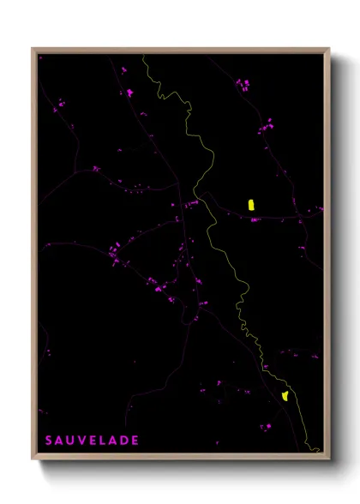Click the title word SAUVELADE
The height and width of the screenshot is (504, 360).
tap(92, 441)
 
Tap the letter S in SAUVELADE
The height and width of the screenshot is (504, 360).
tap(49, 441)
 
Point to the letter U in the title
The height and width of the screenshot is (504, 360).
tap(70, 441)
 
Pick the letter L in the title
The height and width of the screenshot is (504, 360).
tap(103, 441)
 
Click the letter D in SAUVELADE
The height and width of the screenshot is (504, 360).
tap(124, 441)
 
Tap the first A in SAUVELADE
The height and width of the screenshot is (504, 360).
tap(59, 441)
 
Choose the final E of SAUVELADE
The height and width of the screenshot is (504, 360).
tap(135, 441)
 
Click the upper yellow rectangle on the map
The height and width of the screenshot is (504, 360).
tap(251, 205)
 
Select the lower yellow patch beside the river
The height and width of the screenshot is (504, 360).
tap(285, 395)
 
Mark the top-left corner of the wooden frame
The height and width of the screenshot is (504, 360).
tap(33, 49)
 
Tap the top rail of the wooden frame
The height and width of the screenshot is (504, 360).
tap(180, 50)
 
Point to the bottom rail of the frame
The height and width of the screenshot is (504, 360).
tap(180, 457)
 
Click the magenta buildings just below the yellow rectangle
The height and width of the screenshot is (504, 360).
tap(254, 219)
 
